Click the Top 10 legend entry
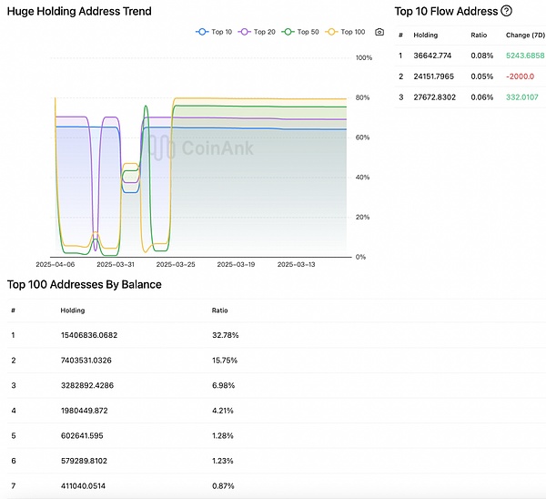(x=215, y=32)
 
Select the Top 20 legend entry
(x=258, y=32)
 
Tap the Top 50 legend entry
(x=302, y=32)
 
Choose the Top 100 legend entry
(x=347, y=32)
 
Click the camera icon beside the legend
(x=379, y=32)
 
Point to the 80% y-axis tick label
(x=364, y=97)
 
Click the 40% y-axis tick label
(x=364, y=177)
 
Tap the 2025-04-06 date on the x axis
(x=55, y=264)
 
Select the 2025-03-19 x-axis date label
(x=235, y=264)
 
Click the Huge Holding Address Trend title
(x=79, y=11)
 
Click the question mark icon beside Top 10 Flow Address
(x=506, y=11)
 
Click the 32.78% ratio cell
(x=225, y=334)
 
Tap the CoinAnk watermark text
(x=217, y=148)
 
